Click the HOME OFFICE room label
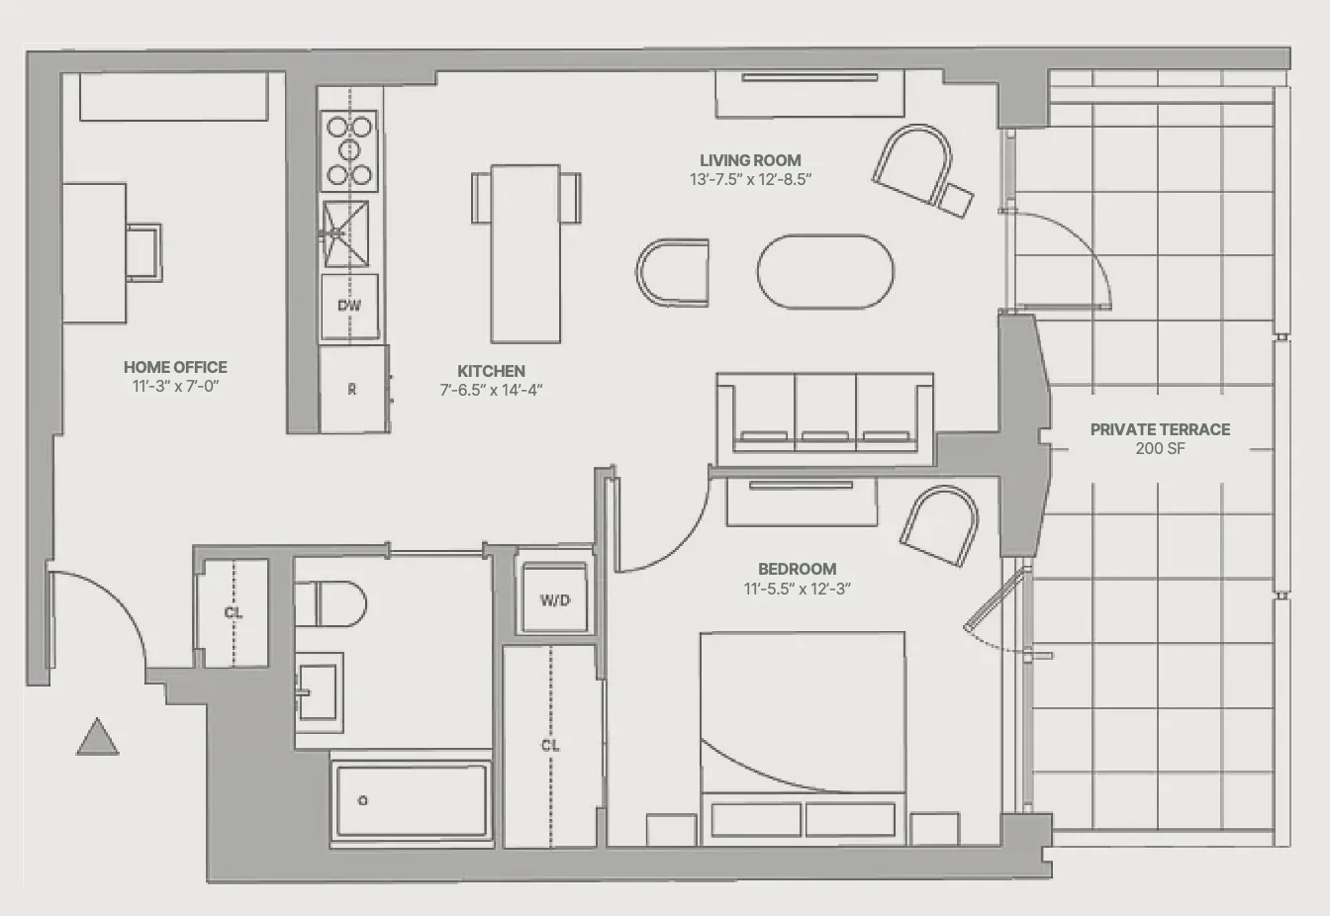coord(175,367)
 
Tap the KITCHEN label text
coord(491,371)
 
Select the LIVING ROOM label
coord(750,160)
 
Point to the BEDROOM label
coord(797,569)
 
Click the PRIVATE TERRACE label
coord(1160,429)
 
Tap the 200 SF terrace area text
coord(1160,449)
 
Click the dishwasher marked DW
coord(349,306)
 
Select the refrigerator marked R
coord(352,390)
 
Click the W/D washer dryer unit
coord(554,599)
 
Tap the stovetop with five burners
coord(349,150)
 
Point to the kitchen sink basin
coord(345,233)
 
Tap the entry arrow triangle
coord(98,739)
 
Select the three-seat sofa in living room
coord(824,416)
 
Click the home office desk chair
coord(143,252)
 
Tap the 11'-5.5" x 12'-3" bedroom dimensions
coord(797,589)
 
